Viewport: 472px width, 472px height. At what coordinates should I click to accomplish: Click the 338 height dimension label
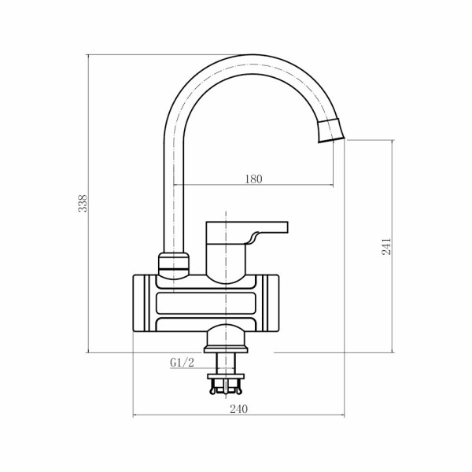point(83,203)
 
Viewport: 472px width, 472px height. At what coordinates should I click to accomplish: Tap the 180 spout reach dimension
point(253,179)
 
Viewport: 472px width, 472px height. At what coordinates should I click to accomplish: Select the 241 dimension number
point(386,246)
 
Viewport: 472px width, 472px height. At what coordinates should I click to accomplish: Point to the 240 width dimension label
point(239,409)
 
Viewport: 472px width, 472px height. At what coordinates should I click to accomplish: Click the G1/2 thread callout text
point(183,363)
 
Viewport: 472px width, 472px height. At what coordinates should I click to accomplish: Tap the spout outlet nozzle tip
point(331,131)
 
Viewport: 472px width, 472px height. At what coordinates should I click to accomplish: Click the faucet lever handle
point(247,238)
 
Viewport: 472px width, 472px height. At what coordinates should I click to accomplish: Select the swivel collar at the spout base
point(174,264)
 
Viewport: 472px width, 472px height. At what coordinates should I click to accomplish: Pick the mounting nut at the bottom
point(226,376)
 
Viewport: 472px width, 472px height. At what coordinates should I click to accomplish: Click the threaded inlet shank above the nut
point(226,363)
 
